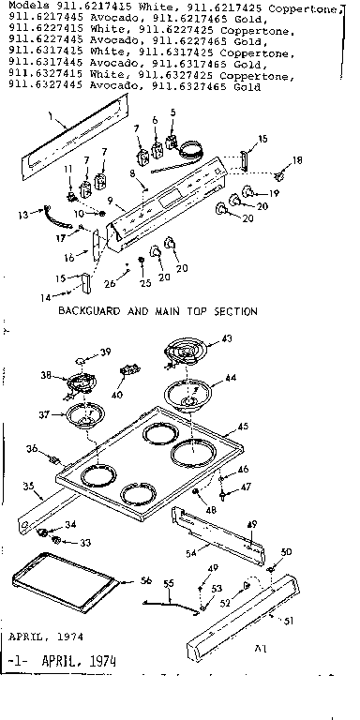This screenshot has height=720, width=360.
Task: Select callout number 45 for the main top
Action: click(243, 426)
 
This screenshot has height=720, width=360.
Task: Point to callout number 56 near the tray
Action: click(145, 580)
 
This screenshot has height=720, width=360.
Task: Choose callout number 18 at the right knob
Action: click(299, 161)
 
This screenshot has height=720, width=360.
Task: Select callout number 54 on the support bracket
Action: click(191, 555)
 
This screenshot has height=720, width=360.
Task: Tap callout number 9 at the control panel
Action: click(110, 201)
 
